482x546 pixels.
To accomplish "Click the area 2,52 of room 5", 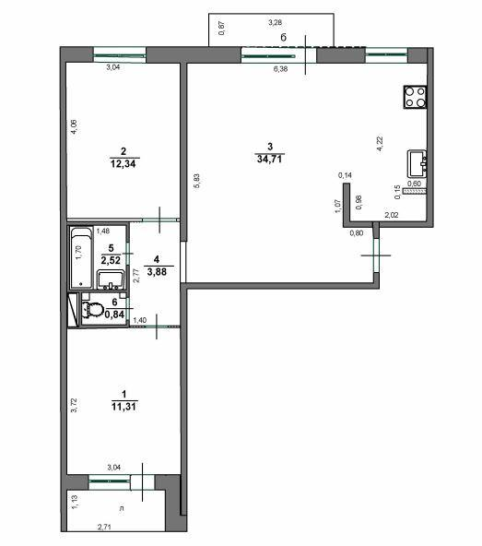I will click(111, 260).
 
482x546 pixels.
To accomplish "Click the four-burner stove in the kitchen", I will click(414, 96).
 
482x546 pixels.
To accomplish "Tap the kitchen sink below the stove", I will click(417, 163).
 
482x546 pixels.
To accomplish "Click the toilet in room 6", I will click(92, 309).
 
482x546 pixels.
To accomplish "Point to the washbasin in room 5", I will click(112, 279).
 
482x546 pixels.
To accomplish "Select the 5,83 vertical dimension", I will click(196, 182).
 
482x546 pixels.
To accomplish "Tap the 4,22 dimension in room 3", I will click(380, 143).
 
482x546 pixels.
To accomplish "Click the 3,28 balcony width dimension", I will click(275, 22).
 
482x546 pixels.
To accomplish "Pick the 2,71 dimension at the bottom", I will click(109, 528).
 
